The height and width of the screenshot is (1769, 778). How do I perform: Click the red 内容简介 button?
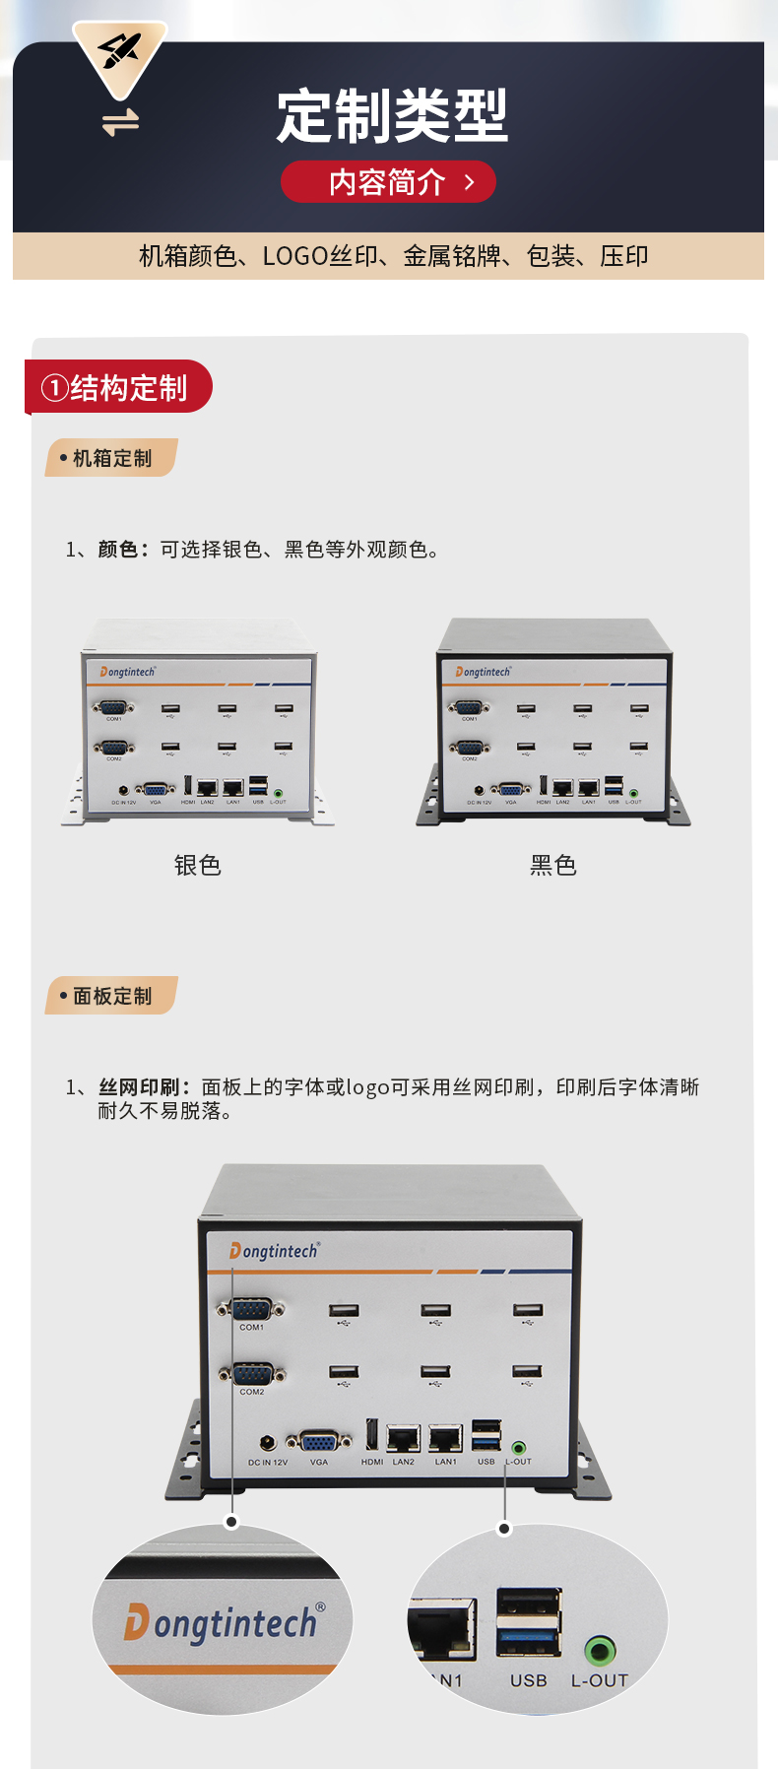click(388, 182)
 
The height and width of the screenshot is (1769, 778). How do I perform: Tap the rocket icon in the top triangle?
click(120, 52)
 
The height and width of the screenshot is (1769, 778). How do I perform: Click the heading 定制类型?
click(391, 116)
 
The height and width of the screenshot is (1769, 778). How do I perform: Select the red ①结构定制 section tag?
click(117, 387)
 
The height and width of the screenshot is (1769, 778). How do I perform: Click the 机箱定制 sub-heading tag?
click(111, 458)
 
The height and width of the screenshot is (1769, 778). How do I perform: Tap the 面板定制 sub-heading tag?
click(111, 996)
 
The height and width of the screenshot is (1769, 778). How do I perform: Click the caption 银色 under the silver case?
click(197, 865)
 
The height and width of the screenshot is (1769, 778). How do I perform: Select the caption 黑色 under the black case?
click(552, 865)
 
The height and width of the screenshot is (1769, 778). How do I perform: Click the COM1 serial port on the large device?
click(251, 1309)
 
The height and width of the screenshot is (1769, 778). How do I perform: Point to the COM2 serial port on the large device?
click(251, 1373)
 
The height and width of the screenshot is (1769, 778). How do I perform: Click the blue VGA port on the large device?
click(318, 1442)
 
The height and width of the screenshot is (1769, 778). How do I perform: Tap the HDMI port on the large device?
click(371, 1436)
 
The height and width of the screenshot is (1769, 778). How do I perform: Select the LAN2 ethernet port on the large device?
click(403, 1439)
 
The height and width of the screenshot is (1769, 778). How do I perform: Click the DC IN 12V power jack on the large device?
click(267, 1445)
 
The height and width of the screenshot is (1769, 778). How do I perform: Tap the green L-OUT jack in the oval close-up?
click(600, 1649)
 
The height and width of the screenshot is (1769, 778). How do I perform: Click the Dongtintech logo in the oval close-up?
click(224, 1622)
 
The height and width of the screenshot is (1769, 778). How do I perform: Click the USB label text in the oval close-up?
click(528, 1680)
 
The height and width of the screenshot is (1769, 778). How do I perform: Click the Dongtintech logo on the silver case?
click(128, 672)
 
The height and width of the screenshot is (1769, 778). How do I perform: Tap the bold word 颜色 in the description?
click(117, 550)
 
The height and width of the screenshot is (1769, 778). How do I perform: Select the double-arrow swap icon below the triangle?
click(120, 123)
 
